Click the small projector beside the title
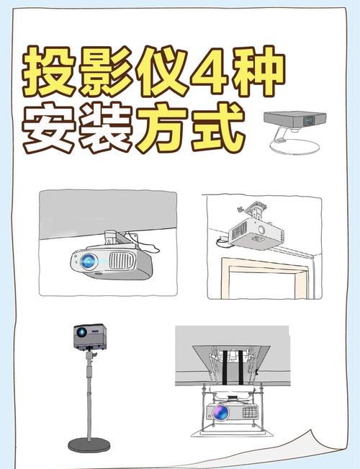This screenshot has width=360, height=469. coord(289,118)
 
